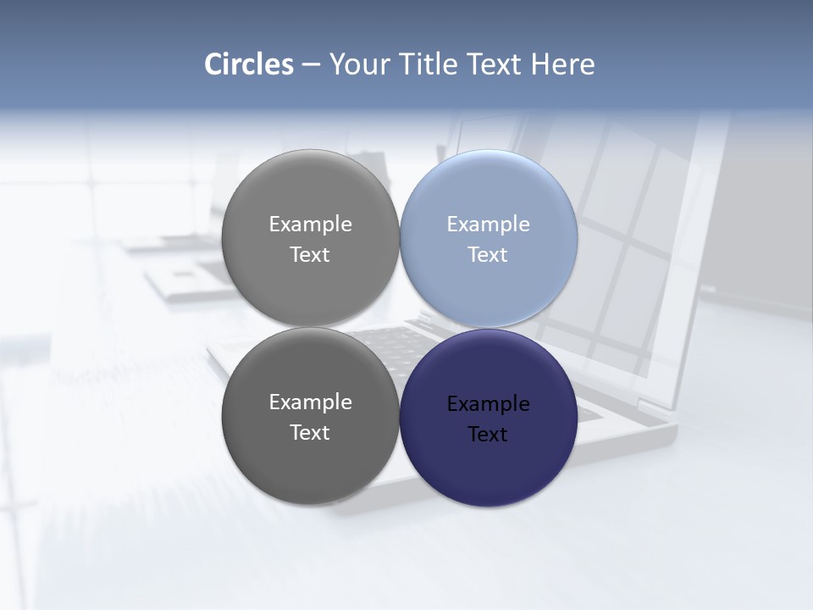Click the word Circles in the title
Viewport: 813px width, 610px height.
click(x=249, y=64)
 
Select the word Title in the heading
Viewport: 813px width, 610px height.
click(x=431, y=64)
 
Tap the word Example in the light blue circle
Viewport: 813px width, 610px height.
click(x=488, y=225)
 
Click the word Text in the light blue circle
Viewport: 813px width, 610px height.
click(x=488, y=255)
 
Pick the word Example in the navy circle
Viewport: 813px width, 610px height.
click(x=488, y=404)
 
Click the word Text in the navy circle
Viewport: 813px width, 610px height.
click(x=488, y=435)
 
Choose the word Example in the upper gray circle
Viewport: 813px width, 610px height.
click(x=310, y=225)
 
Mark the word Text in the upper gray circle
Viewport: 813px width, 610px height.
click(x=310, y=255)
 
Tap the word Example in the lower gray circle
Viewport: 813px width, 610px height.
click(x=310, y=402)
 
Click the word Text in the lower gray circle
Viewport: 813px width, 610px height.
click(x=310, y=433)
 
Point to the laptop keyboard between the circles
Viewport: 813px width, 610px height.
click(x=398, y=339)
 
